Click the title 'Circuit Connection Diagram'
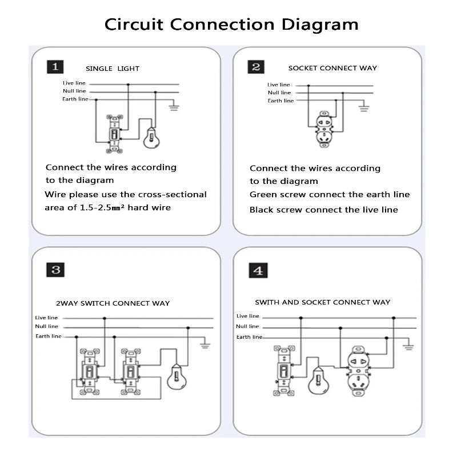pos(231,25)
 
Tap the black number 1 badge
pos(55,67)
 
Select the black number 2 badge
pos(256,67)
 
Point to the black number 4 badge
pos(258,270)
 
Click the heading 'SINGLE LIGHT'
pos(113,69)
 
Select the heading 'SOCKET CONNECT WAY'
pos(332,68)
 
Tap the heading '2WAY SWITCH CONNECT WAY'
pos(113,303)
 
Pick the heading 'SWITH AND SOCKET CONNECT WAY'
pos(322,302)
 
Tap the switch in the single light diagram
pos(114,134)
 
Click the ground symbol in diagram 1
pos(174,106)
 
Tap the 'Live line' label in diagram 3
pos(46,318)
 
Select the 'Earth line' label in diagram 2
pos(280,101)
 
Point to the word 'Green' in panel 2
pos(263,194)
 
